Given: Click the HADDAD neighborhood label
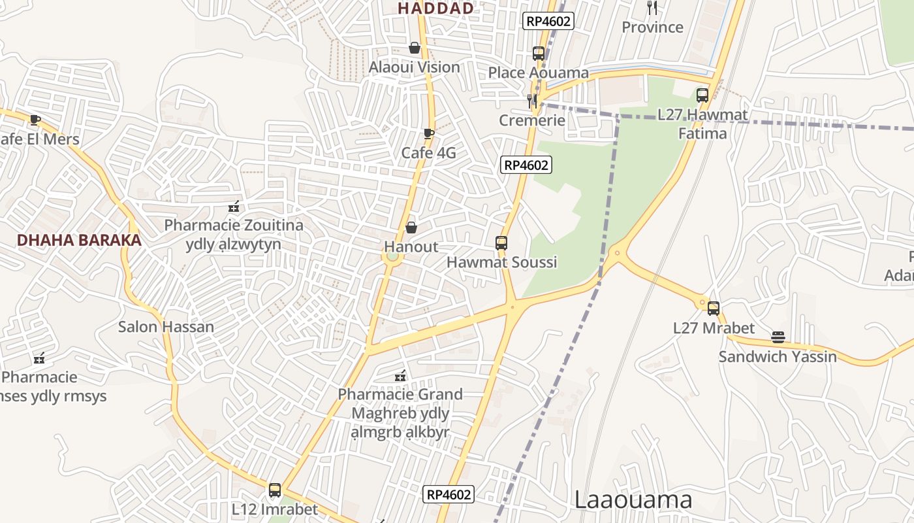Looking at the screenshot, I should click(x=435, y=8).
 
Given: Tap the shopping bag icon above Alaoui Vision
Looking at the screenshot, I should click(x=414, y=48).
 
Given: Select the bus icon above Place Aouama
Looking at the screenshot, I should click(x=539, y=54).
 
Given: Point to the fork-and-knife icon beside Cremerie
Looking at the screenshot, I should click(x=532, y=101).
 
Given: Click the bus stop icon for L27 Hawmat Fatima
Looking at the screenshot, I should click(x=702, y=95).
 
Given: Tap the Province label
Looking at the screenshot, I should click(x=652, y=27).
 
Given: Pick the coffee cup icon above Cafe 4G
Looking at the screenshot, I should click(x=428, y=134).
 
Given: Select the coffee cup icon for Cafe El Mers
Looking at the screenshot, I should click(x=35, y=120).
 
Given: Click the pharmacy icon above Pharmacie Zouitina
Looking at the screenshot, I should click(x=234, y=207).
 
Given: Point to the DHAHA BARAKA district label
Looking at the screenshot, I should click(x=79, y=240).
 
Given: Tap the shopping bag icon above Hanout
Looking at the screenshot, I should click(x=411, y=228).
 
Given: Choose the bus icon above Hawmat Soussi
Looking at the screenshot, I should click(x=501, y=243).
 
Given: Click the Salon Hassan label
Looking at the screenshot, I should click(x=166, y=327).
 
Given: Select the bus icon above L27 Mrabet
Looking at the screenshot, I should click(x=714, y=309).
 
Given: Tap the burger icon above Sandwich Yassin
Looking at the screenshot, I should click(x=778, y=337).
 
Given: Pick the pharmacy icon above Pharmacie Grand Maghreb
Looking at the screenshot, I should click(x=400, y=376).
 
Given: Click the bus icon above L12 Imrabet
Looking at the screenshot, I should click(x=275, y=490).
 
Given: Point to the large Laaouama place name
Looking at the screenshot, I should click(x=633, y=500).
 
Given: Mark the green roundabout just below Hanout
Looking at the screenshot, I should click(x=392, y=257).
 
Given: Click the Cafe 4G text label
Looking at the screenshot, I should click(x=428, y=153).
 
